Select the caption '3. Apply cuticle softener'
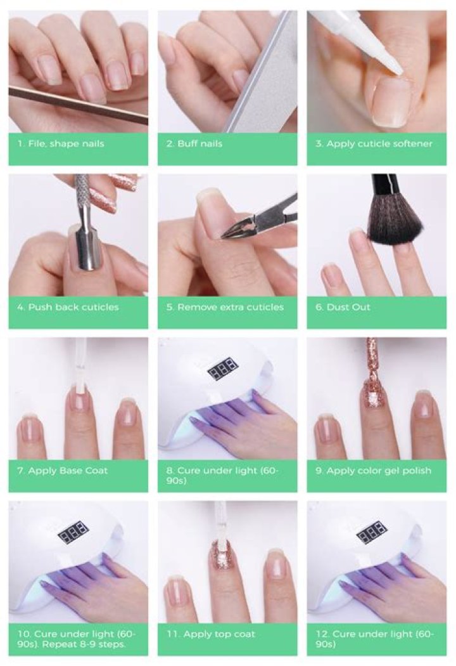373,143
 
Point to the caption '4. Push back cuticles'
68,307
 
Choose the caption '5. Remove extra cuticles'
230,307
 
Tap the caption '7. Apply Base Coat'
67,471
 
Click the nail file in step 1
76,104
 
